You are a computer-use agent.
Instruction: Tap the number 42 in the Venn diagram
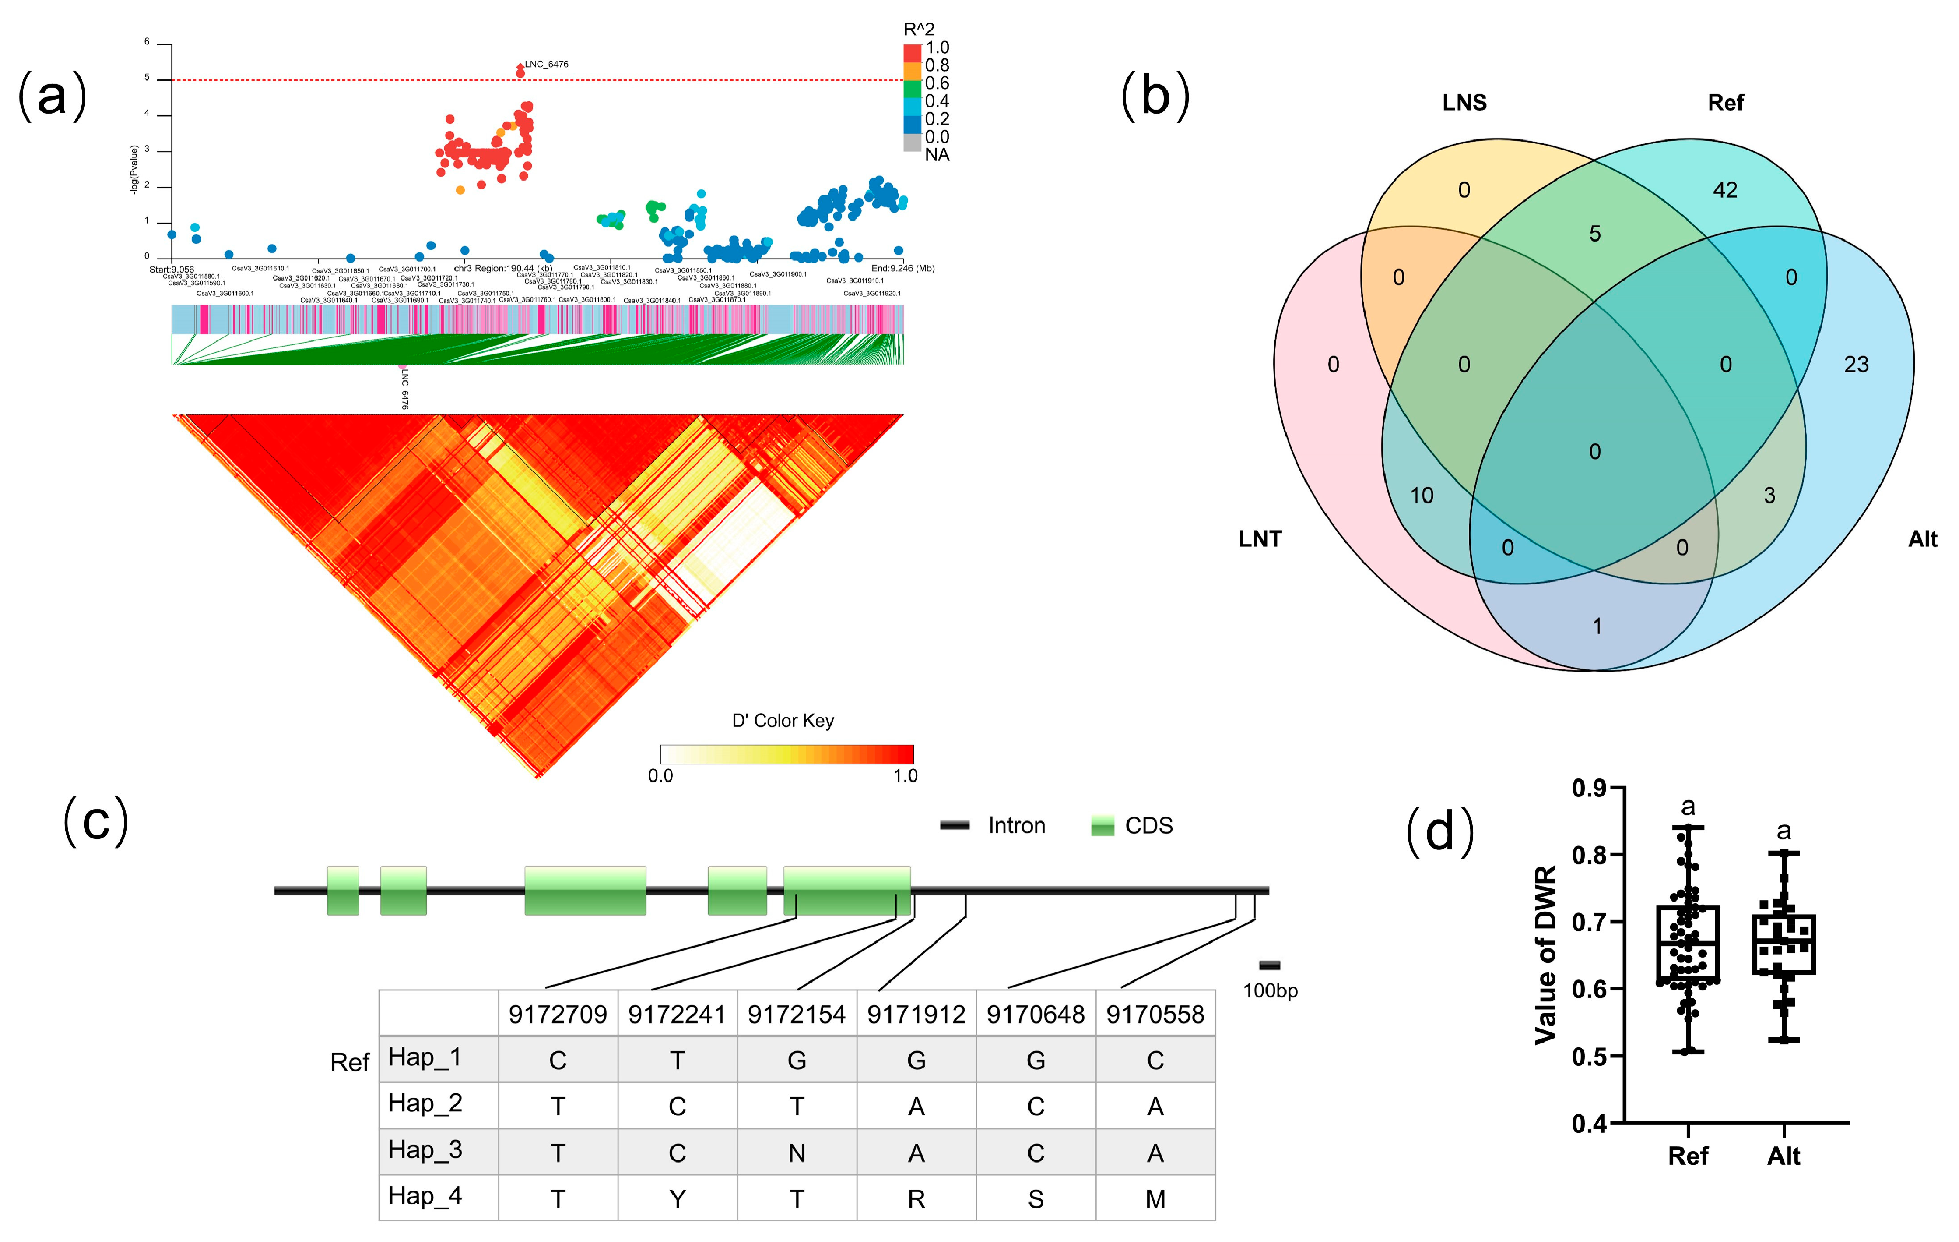[1725, 190]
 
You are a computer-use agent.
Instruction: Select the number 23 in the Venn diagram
[1856, 365]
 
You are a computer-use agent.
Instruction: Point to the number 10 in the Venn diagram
[1421, 495]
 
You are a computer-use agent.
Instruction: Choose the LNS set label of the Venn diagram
[1463, 103]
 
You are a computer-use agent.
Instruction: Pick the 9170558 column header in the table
[1155, 1014]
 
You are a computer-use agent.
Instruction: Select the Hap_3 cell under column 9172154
[797, 1153]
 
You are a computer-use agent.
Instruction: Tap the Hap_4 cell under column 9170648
[1036, 1199]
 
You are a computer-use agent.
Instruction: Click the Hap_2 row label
[425, 1104]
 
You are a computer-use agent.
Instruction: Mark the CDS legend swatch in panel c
[1102, 826]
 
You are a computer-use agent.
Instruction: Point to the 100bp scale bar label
[1270, 991]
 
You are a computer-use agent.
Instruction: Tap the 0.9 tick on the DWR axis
[1588, 787]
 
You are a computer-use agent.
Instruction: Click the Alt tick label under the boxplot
[1783, 1156]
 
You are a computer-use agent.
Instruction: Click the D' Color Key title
[783, 720]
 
